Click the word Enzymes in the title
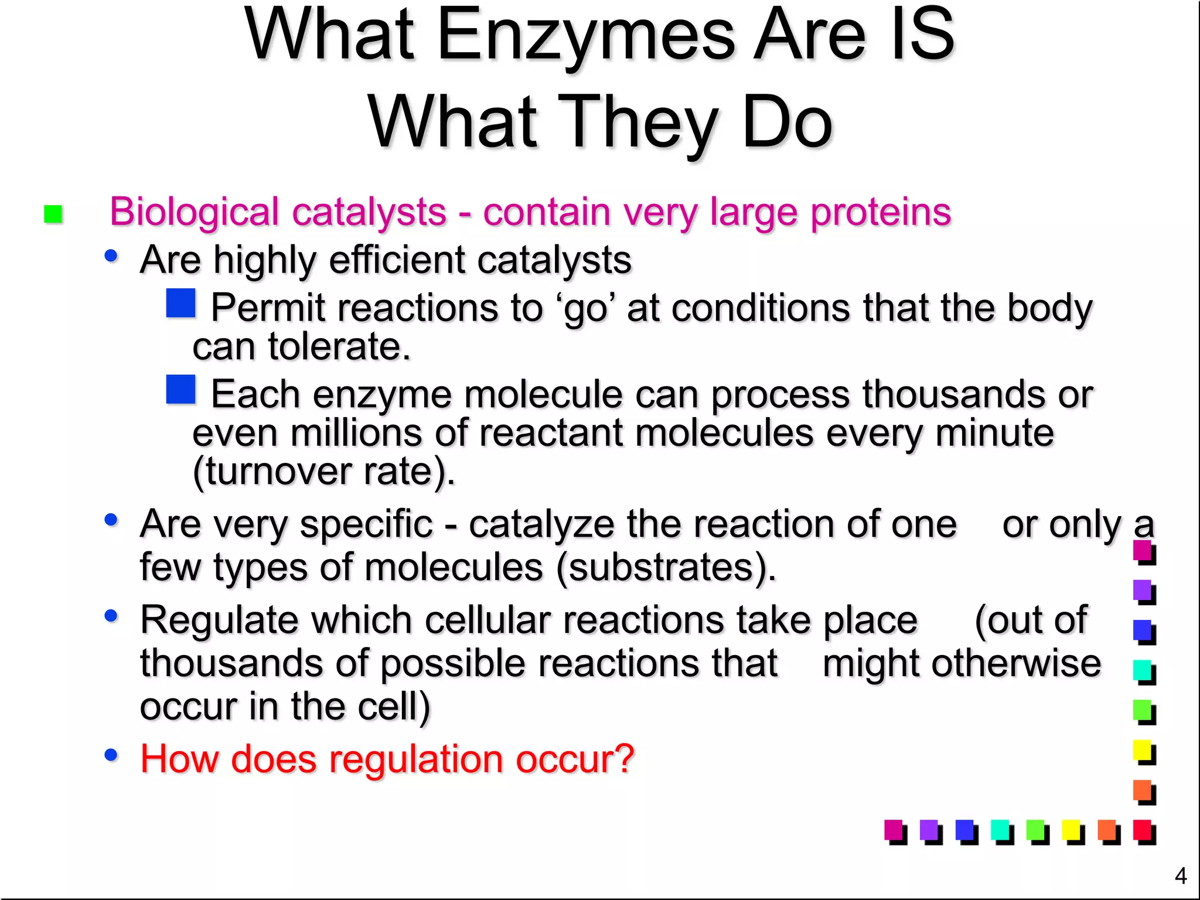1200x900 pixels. click(x=585, y=36)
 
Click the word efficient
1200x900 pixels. click(x=397, y=260)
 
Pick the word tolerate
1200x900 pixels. click(x=339, y=346)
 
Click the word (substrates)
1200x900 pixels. click(x=666, y=567)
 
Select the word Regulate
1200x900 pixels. click(x=218, y=620)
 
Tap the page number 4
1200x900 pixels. click(x=1181, y=876)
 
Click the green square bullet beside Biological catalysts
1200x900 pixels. click(x=53, y=214)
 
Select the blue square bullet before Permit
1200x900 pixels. click(x=180, y=303)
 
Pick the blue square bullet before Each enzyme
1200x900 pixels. click(x=180, y=390)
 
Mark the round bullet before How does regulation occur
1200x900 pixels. click(x=111, y=755)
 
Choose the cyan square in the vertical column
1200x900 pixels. click(x=1143, y=670)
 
